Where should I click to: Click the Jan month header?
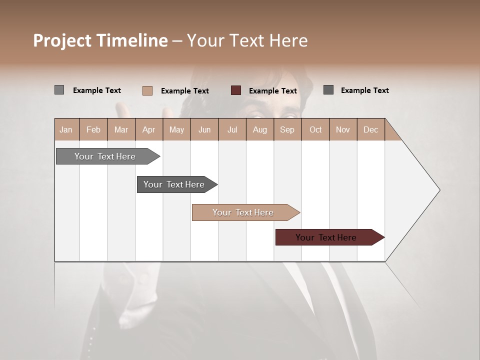pyautogui.click(x=66, y=129)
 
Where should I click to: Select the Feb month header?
pyautogui.click(x=93, y=129)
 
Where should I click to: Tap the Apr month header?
pyautogui.click(x=148, y=129)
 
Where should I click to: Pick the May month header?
pyautogui.click(x=176, y=129)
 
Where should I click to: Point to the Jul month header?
pyautogui.click(x=232, y=129)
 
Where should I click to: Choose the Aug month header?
pyautogui.click(x=260, y=129)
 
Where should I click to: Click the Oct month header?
pyautogui.click(x=315, y=129)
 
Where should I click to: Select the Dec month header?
pyautogui.click(x=370, y=129)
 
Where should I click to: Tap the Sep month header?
pyautogui.click(x=287, y=129)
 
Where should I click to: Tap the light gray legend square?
pyautogui.click(x=59, y=90)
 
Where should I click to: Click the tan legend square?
pyautogui.click(x=147, y=90)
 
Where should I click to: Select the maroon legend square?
pyautogui.click(x=236, y=90)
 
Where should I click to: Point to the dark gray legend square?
pyautogui.click(x=328, y=90)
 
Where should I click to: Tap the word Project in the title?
pyautogui.click(x=62, y=40)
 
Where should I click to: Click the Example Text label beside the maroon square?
pyautogui.click(x=273, y=90)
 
